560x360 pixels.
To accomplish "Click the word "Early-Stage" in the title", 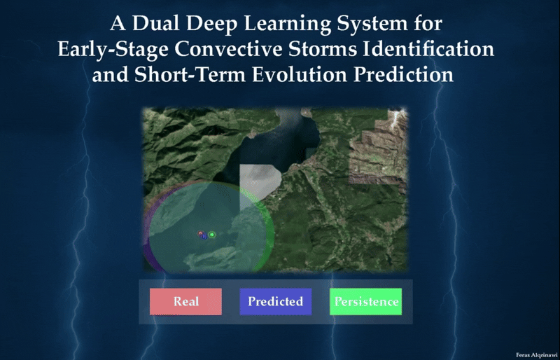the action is click(113, 49).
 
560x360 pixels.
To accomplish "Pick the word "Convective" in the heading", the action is click(228, 49).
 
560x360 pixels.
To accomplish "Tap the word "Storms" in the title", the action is click(323, 49).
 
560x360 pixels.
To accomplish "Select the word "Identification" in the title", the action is click(428, 49).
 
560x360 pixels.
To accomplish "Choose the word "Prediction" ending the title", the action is click(404, 75).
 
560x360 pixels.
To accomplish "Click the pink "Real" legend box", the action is click(185, 302).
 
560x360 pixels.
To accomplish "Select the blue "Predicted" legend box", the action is click(276, 302).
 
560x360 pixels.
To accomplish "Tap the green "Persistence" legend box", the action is click(365, 302).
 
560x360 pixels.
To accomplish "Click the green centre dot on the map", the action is click(212, 235).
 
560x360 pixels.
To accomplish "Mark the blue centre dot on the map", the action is click(204, 236).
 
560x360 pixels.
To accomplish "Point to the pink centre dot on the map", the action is click(200, 233).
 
